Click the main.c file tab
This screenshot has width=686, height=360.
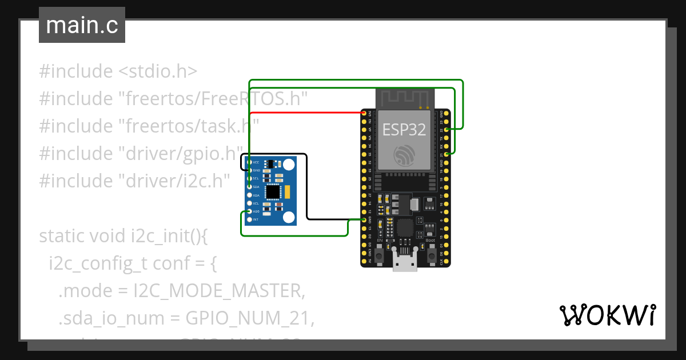tap(82, 26)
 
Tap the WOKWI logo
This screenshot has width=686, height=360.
tap(607, 315)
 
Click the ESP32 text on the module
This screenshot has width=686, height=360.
tap(404, 130)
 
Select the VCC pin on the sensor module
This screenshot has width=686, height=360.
tap(249, 162)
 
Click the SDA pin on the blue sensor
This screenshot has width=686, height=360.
tap(249, 187)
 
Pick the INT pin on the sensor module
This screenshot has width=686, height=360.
tap(249, 219)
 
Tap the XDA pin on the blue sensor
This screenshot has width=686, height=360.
tap(249, 195)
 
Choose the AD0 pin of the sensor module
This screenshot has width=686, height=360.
tap(249, 211)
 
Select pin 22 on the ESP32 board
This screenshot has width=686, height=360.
tap(446, 130)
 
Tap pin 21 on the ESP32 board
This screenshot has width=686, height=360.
tap(446, 154)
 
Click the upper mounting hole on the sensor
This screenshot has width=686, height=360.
tap(289, 165)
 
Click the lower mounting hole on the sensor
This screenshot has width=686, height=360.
tap(289, 217)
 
